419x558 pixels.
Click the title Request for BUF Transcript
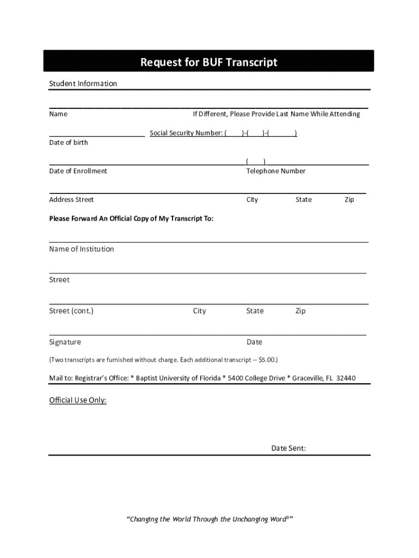pyautogui.click(x=209, y=62)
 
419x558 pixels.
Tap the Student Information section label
pyautogui.click(x=83, y=83)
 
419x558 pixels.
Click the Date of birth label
pyautogui.click(x=69, y=142)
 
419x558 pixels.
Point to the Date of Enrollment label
pyautogui.click(x=78, y=171)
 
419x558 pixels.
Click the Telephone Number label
pyautogui.click(x=276, y=171)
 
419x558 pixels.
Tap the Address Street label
pyautogui.click(x=71, y=199)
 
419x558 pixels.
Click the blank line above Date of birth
pyautogui.click(x=97, y=134)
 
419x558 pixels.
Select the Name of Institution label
pyautogui.click(x=82, y=249)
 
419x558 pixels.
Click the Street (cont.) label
pyautogui.click(x=71, y=311)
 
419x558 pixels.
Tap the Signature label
pyautogui.click(x=65, y=342)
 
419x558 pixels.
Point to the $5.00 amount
pyautogui.click(x=267, y=360)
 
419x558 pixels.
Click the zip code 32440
pyautogui.click(x=346, y=378)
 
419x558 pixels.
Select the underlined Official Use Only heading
pyautogui.click(x=78, y=401)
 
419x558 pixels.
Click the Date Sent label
pyautogui.click(x=288, y=448)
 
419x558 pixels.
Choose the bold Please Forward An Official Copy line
pyautogui.click(x=131, y=219)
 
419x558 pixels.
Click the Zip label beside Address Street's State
pyautogui.click(x=349, y=199)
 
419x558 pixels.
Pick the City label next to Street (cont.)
pyautogui.click(x=200, y=311)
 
